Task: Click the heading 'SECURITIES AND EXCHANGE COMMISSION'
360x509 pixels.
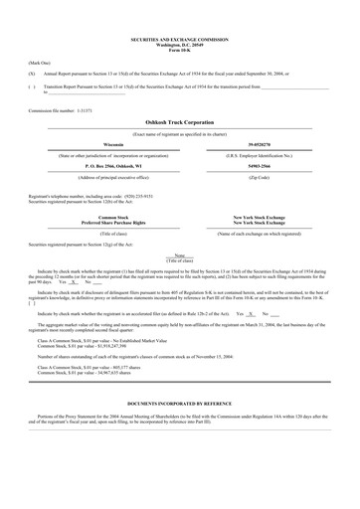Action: (179, 40)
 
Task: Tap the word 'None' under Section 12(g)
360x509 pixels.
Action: (179, 254)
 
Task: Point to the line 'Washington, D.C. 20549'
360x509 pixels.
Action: (179, 45)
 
